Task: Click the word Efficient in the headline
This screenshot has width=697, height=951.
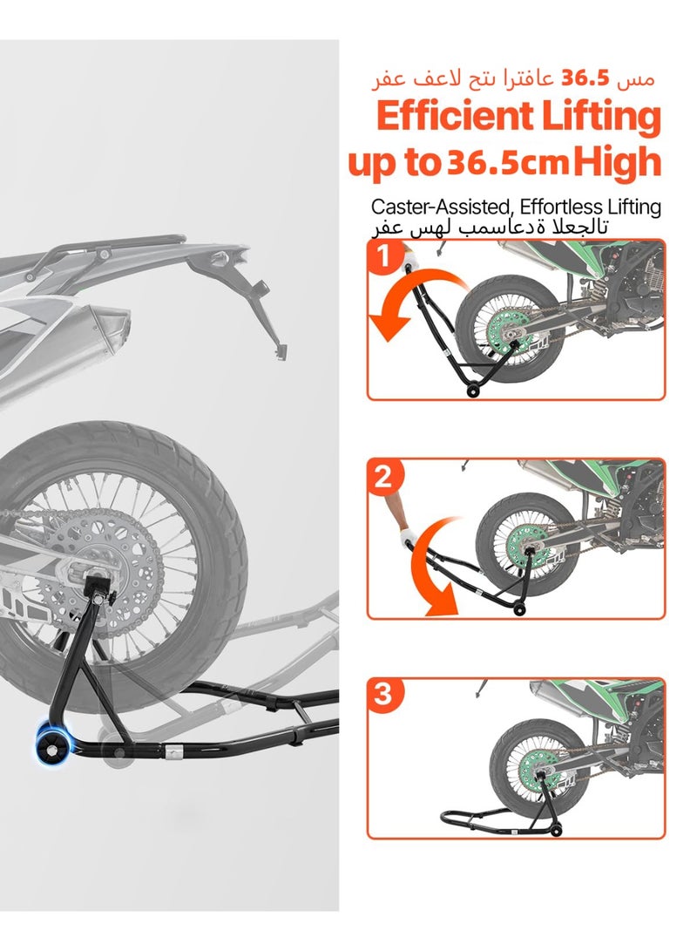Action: tap(454, 117)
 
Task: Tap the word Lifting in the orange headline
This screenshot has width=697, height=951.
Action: tap(602, 117)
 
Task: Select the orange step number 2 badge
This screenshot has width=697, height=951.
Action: tap(384, 477)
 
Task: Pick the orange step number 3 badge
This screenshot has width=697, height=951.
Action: tap(384, 696)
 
